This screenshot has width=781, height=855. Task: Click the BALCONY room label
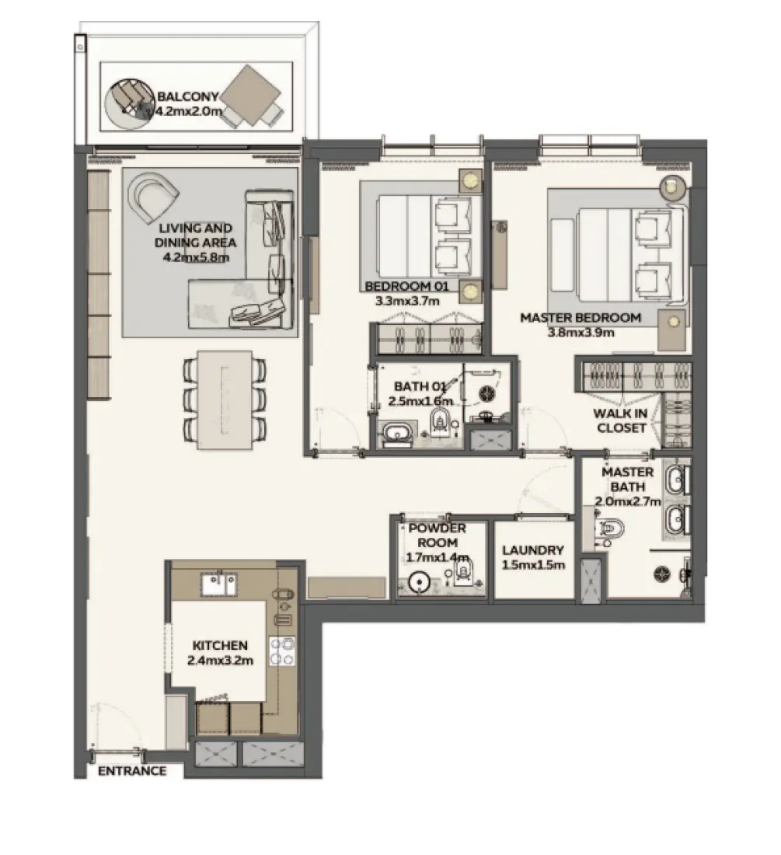tap(187, 96)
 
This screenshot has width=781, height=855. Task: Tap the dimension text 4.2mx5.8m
tap(196, 256)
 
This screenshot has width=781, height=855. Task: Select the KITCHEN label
tap(220, 645)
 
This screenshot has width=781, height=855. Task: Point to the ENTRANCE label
tap(132, 770)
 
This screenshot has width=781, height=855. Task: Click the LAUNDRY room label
tap(533, 550)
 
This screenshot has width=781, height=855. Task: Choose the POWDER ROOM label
tap(437, 535)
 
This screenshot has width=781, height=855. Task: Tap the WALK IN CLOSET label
tap(621, 421)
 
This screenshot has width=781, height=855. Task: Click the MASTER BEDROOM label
tap(581, 317)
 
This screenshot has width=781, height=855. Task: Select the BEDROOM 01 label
tap(406, 286)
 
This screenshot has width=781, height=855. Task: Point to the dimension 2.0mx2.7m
tap(628, 501)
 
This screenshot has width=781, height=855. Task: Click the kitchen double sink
tap(219, 585)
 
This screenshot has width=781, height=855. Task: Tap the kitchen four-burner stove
tap(282, 651)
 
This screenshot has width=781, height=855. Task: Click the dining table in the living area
tap(225, 400)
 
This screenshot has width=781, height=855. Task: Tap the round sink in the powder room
tap(419, 582)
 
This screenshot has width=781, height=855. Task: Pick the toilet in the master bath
tap(609, 529)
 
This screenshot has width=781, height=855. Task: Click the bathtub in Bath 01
tap(397, 434)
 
